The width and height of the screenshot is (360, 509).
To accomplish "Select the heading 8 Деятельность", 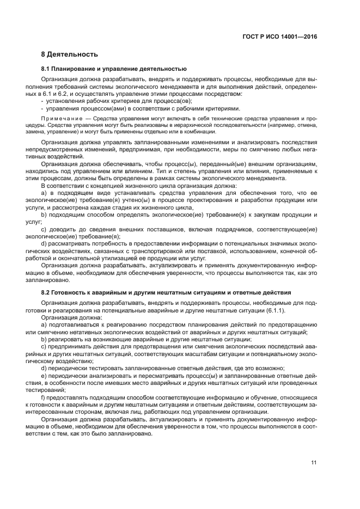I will point(70,54).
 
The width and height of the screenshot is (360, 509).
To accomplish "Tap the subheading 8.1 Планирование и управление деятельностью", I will point(114,69).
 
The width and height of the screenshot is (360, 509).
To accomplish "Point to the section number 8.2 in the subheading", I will point(46,292).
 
